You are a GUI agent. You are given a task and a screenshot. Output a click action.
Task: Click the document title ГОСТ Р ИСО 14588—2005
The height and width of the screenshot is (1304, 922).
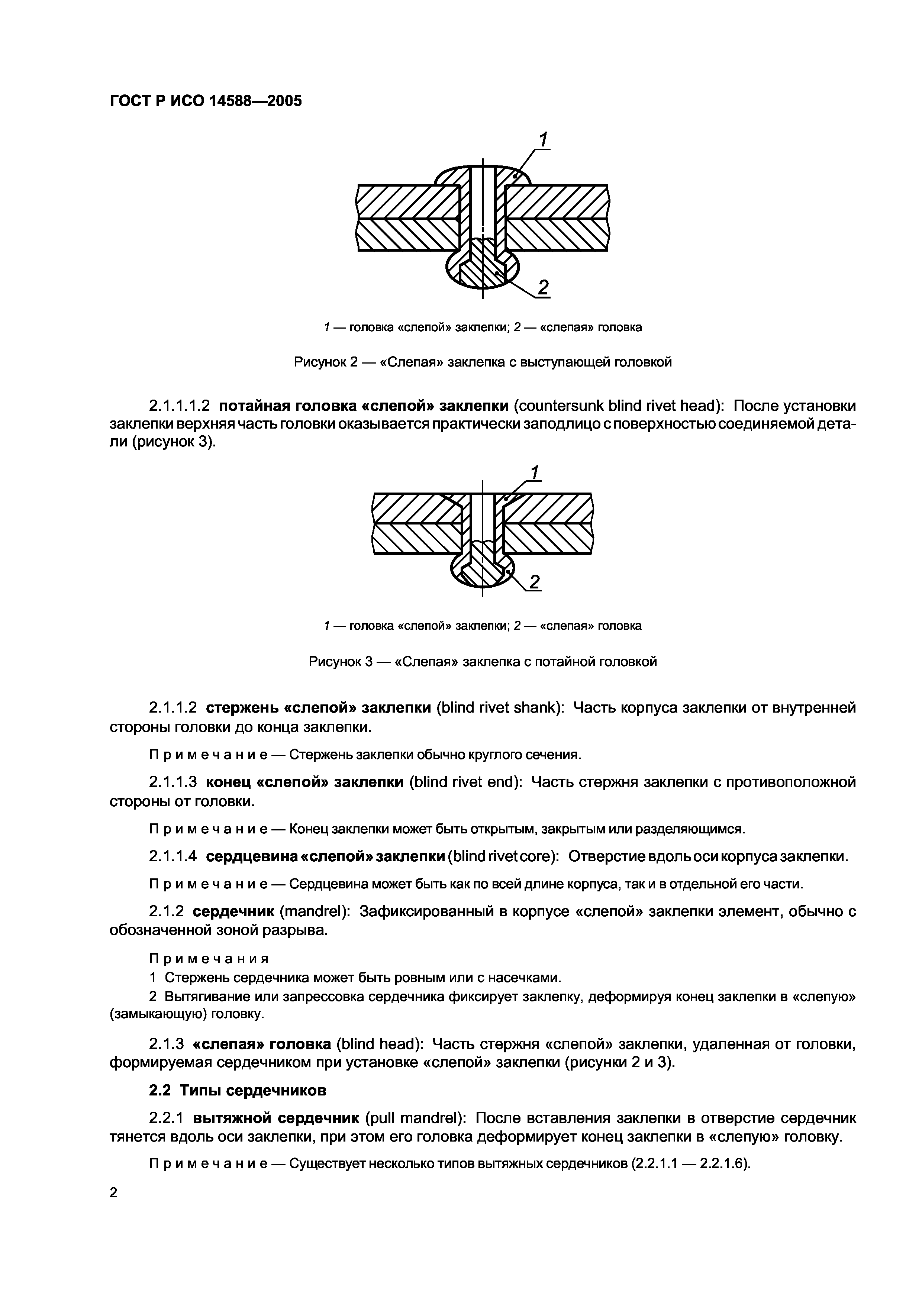pos(205,101)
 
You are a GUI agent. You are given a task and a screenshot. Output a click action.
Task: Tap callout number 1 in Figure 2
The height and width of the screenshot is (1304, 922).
pos(543,140)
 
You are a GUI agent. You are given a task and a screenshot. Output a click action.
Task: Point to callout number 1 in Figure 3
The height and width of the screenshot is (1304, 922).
pos(535,472)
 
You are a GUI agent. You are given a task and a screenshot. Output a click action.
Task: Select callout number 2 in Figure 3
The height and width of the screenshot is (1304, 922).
pos(534,582)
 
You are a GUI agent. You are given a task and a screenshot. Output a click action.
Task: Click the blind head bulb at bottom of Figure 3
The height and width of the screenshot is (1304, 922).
pos(482,571)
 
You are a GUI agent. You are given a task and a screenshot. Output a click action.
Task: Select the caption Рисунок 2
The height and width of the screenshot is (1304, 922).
pos(482,362)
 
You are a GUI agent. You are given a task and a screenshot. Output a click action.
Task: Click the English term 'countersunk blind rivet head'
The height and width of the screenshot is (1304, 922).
pos(619,406)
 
